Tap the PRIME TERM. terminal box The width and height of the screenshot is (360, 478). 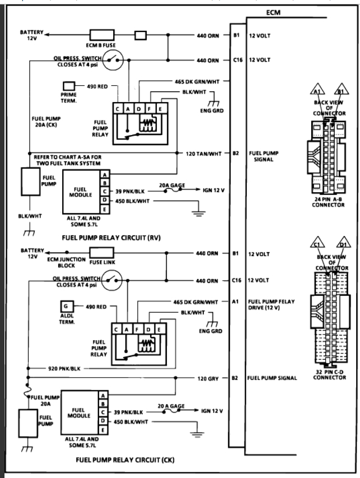pyautogui.click(x=69, y=86)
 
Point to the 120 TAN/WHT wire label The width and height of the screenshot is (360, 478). pyautogui.click(x=205, y=152)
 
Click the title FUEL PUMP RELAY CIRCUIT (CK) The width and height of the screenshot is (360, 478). pyautogui.click(x=124, y=460)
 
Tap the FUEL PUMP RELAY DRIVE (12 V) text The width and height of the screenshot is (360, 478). pyautogui.click(x=272, y=304)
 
